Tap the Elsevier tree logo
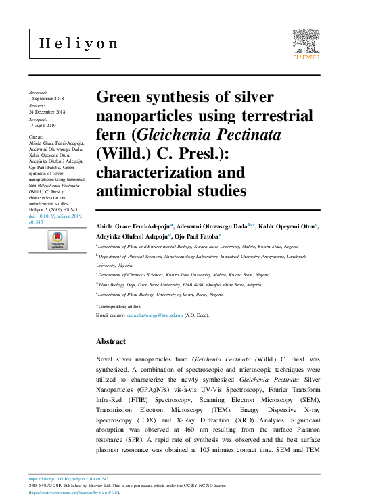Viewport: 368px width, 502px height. click(306, 42)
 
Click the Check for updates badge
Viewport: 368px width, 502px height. click(56, 240)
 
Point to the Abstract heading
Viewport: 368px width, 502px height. click(111, 342)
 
